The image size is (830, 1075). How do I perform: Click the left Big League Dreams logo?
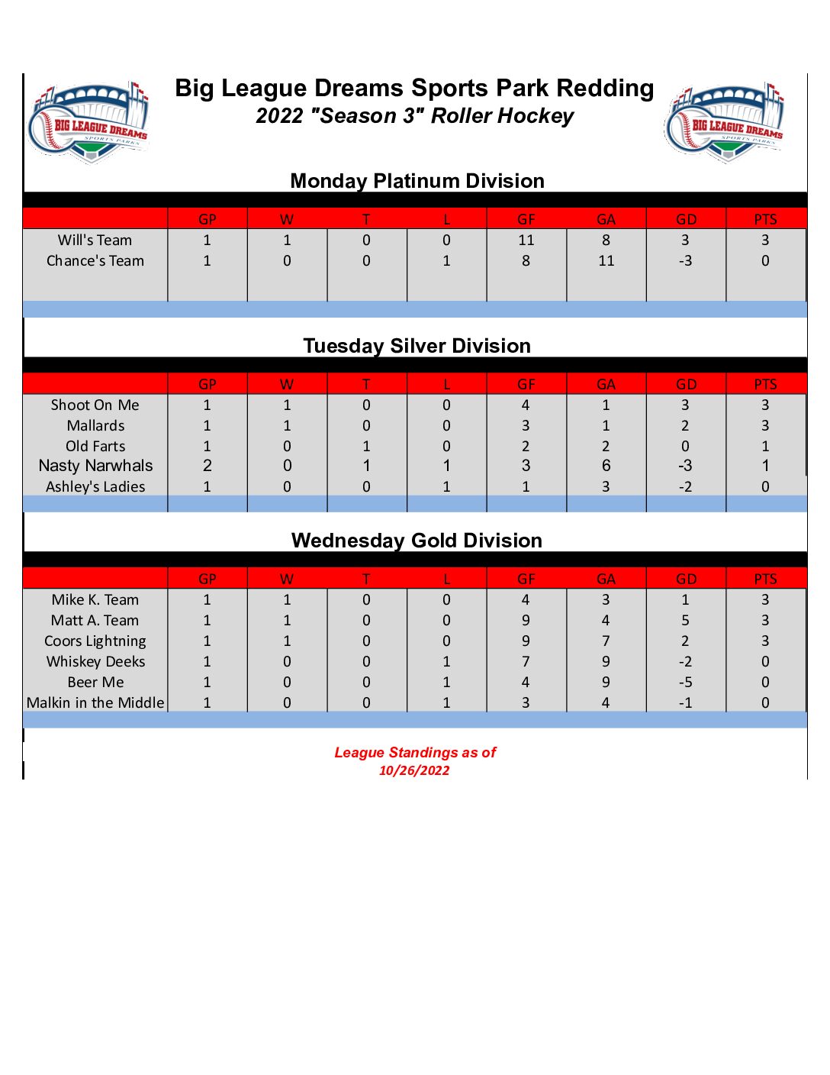coord(88,123)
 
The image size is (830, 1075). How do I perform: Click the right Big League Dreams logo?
coord(725,123)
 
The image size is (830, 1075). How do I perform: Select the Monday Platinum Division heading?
coord(417,181)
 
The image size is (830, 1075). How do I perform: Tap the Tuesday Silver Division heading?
coord(417,346)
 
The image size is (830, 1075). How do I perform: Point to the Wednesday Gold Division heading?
coord(417,541)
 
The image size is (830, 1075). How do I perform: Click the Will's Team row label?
coord(95,241)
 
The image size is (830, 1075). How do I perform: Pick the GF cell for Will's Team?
coord(526,241)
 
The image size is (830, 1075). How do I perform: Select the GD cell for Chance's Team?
coord(685,261)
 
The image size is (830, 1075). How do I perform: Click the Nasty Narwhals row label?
coord(95,466)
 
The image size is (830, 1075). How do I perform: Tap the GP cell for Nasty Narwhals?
coord(207,466)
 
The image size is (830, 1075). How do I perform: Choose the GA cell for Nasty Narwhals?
coord(606,466)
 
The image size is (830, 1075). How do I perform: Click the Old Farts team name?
coord(95,446)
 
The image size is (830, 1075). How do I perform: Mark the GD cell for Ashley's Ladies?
coord(685,487)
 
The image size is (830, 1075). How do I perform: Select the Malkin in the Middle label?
coord(95,702)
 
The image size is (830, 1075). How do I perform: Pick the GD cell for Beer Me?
coord(685,682)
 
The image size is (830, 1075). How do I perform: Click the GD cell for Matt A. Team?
coord(685,620)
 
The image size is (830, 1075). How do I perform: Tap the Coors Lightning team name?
coord(95,641)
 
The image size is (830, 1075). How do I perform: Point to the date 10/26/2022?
coord(414,770)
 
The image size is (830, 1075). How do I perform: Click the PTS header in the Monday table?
coord(765,220)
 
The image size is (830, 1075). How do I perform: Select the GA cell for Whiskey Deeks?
coord(606,661)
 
